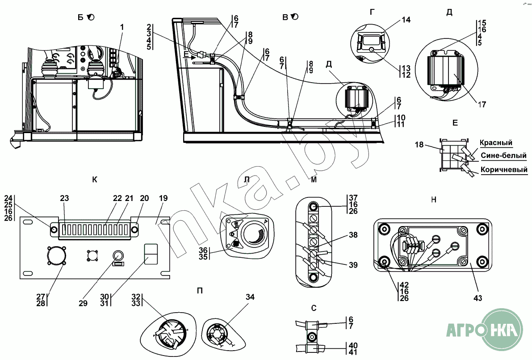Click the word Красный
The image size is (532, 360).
pyautogui.click(x=496, y=142)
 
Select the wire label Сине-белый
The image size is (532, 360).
pyautogui.click(x=503, y=156)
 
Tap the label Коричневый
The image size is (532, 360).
pyautogui.click(x=504, y=169)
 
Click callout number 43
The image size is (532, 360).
pyautogui.click(x=478, y=298)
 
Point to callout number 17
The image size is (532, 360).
pyautogui.click(x=482, y=105)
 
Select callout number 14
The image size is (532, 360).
pyautogui.click(x=406, y=20)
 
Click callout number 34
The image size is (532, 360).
pyautogui.click(x=250, y=297)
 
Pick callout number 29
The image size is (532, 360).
pyautogui.click(x=83, y=303)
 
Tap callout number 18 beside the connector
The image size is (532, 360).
pyautogui.click(x=419, y=145)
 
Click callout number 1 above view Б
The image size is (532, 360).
pyautogui.click(x=122, y=27)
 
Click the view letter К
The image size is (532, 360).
pyautogui.click(x=94, y=180)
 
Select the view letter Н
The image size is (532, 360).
pyautogui.click(x=433, y=200)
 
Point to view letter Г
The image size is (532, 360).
pyautogui.click(x=372, y=12)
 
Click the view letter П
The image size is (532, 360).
pyautogui.click(x=200, y=290)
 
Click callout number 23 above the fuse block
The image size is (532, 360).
pyautogui.click(x=64, y=198)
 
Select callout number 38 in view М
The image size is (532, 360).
pyautogui.click(x=353, y=235)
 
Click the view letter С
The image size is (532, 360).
pyautogui.click(x=314, y=308)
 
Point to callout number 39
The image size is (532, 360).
pyautogui.click(x=353, y=265)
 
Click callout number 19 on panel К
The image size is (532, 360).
pyautogui.click(x=163, y=198)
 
